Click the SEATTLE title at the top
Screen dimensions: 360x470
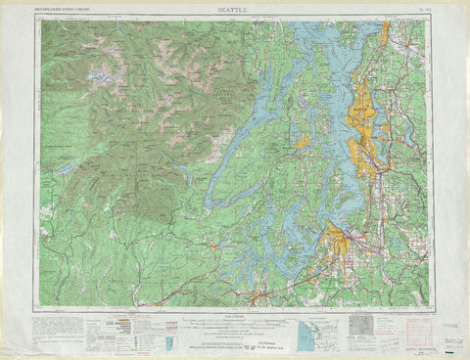pos(234,10)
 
